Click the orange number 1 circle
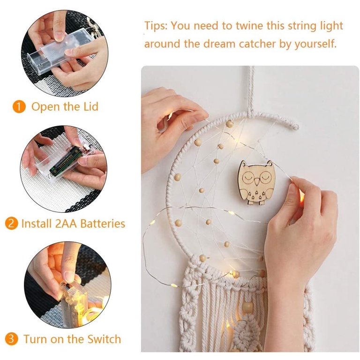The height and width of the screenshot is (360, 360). pyautogui.click(x=19, y=107)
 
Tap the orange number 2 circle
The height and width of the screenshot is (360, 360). pyautogui.click(x=12, y=224)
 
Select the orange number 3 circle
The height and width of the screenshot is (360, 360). pyautogui.click(x=12, y=339)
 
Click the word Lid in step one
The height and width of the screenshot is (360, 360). pyautogui.click(x=90, y=107)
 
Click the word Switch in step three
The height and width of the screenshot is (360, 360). pyautogui.click(x=104, y=339)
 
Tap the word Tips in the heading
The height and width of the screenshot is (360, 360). pyautogui.click(x=155, y=26)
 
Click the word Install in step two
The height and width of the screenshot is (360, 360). pyautogui.click(x=36, y=224)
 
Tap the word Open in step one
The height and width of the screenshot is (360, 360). pyautogui.click(x=42, y=107)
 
